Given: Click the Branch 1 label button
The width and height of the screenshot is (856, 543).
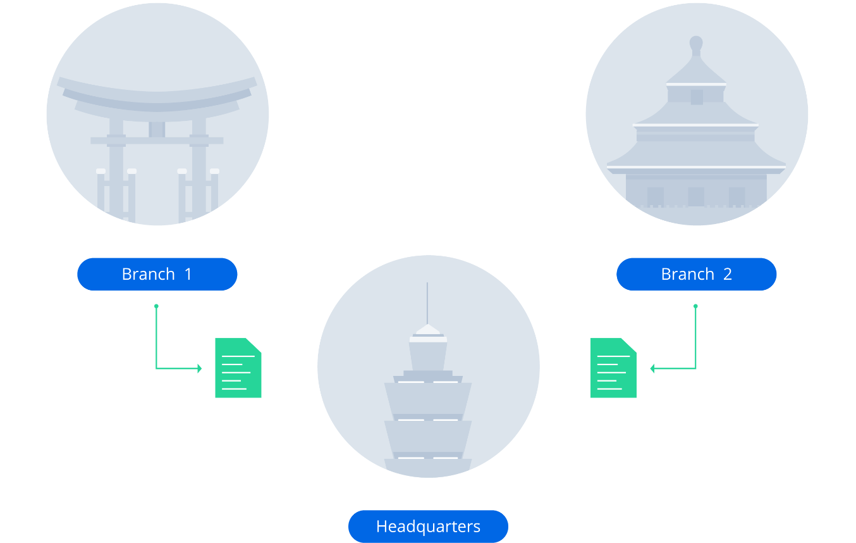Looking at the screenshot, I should (157, 274).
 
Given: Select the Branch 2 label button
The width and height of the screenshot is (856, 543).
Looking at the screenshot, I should (696, 274).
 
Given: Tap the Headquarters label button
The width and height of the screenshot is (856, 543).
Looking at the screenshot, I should (428, 526).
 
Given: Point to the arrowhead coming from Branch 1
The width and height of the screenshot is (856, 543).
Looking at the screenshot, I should (199, 368).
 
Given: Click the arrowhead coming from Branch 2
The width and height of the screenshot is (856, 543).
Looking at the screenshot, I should (652, 368).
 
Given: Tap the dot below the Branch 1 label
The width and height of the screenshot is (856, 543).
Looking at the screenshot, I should (156, 306).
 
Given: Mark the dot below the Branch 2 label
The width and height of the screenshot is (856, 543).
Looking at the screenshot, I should (695, 306).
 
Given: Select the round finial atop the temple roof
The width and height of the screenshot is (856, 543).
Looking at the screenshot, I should (696, 43).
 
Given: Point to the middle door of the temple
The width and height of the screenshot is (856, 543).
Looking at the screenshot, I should (696, 196).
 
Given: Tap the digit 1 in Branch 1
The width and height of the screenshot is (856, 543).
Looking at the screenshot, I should (188, 274).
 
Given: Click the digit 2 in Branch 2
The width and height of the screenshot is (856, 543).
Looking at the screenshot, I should (727, 274).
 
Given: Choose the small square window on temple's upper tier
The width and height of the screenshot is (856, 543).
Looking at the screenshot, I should (697, 97).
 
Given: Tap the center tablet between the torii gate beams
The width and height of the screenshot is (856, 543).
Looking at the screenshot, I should (157, 129).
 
